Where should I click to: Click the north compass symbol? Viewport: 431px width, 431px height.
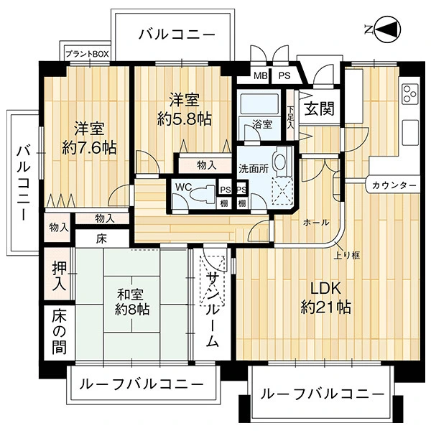pyautogui.click(x=386, y=29)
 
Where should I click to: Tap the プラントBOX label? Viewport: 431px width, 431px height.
pyautogui.click(x=88, y=54)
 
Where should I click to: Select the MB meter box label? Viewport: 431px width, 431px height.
pyautogui.click(x=261, y=75)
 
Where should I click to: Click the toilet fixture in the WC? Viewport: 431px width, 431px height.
pyautogui.click(x=203, y=194)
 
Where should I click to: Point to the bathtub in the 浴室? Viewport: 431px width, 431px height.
pyautogui.click(x=259, y=104)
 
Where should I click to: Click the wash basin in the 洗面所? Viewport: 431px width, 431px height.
pyautogui.click(x=281, y=162)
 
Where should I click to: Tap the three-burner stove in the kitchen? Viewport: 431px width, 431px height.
pyautogui.click(x=410, y=93)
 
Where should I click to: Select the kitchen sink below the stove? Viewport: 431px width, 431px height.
pyautogui.click(x=410, y=132)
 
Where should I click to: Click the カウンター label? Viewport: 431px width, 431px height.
pyautogui.click(x=394, y=185)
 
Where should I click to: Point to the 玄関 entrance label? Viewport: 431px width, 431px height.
pyautogui.click(x=320, y=108)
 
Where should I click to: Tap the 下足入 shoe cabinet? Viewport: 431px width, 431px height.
pyautogui.click(x=290, y=116)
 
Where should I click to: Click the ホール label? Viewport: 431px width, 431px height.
pyautogui.click(x=316, y=222)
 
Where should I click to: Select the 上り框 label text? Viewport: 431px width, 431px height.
pyautogui.click(x=347, y=255)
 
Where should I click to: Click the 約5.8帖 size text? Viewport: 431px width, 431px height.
pyautogui.click(x=184, y=119)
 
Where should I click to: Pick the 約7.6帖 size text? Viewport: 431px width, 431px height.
pyautogui.click(x=89, y=147)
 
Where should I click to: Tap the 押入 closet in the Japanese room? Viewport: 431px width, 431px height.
pyautogui.click(x=59, y=274)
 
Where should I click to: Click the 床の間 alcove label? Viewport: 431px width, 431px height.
pyautogui.click(x=59, y=332)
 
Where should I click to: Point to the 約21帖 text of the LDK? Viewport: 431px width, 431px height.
pyautogui.click(x=325, y=307)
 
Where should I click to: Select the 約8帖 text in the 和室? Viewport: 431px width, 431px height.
pyautogui.click(x=132, y=310)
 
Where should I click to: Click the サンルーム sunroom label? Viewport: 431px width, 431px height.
pyautogui.click(x=213, y=309)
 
